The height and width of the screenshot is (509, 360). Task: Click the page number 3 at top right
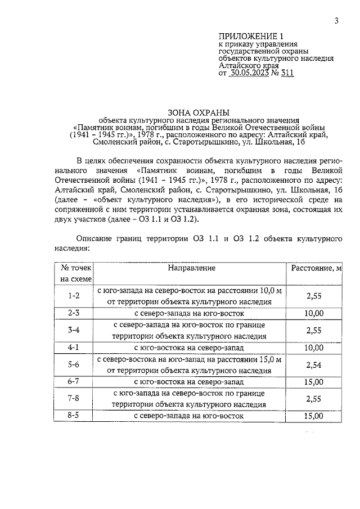[x=336, y=21]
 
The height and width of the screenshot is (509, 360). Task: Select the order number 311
[x=286, y=73]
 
